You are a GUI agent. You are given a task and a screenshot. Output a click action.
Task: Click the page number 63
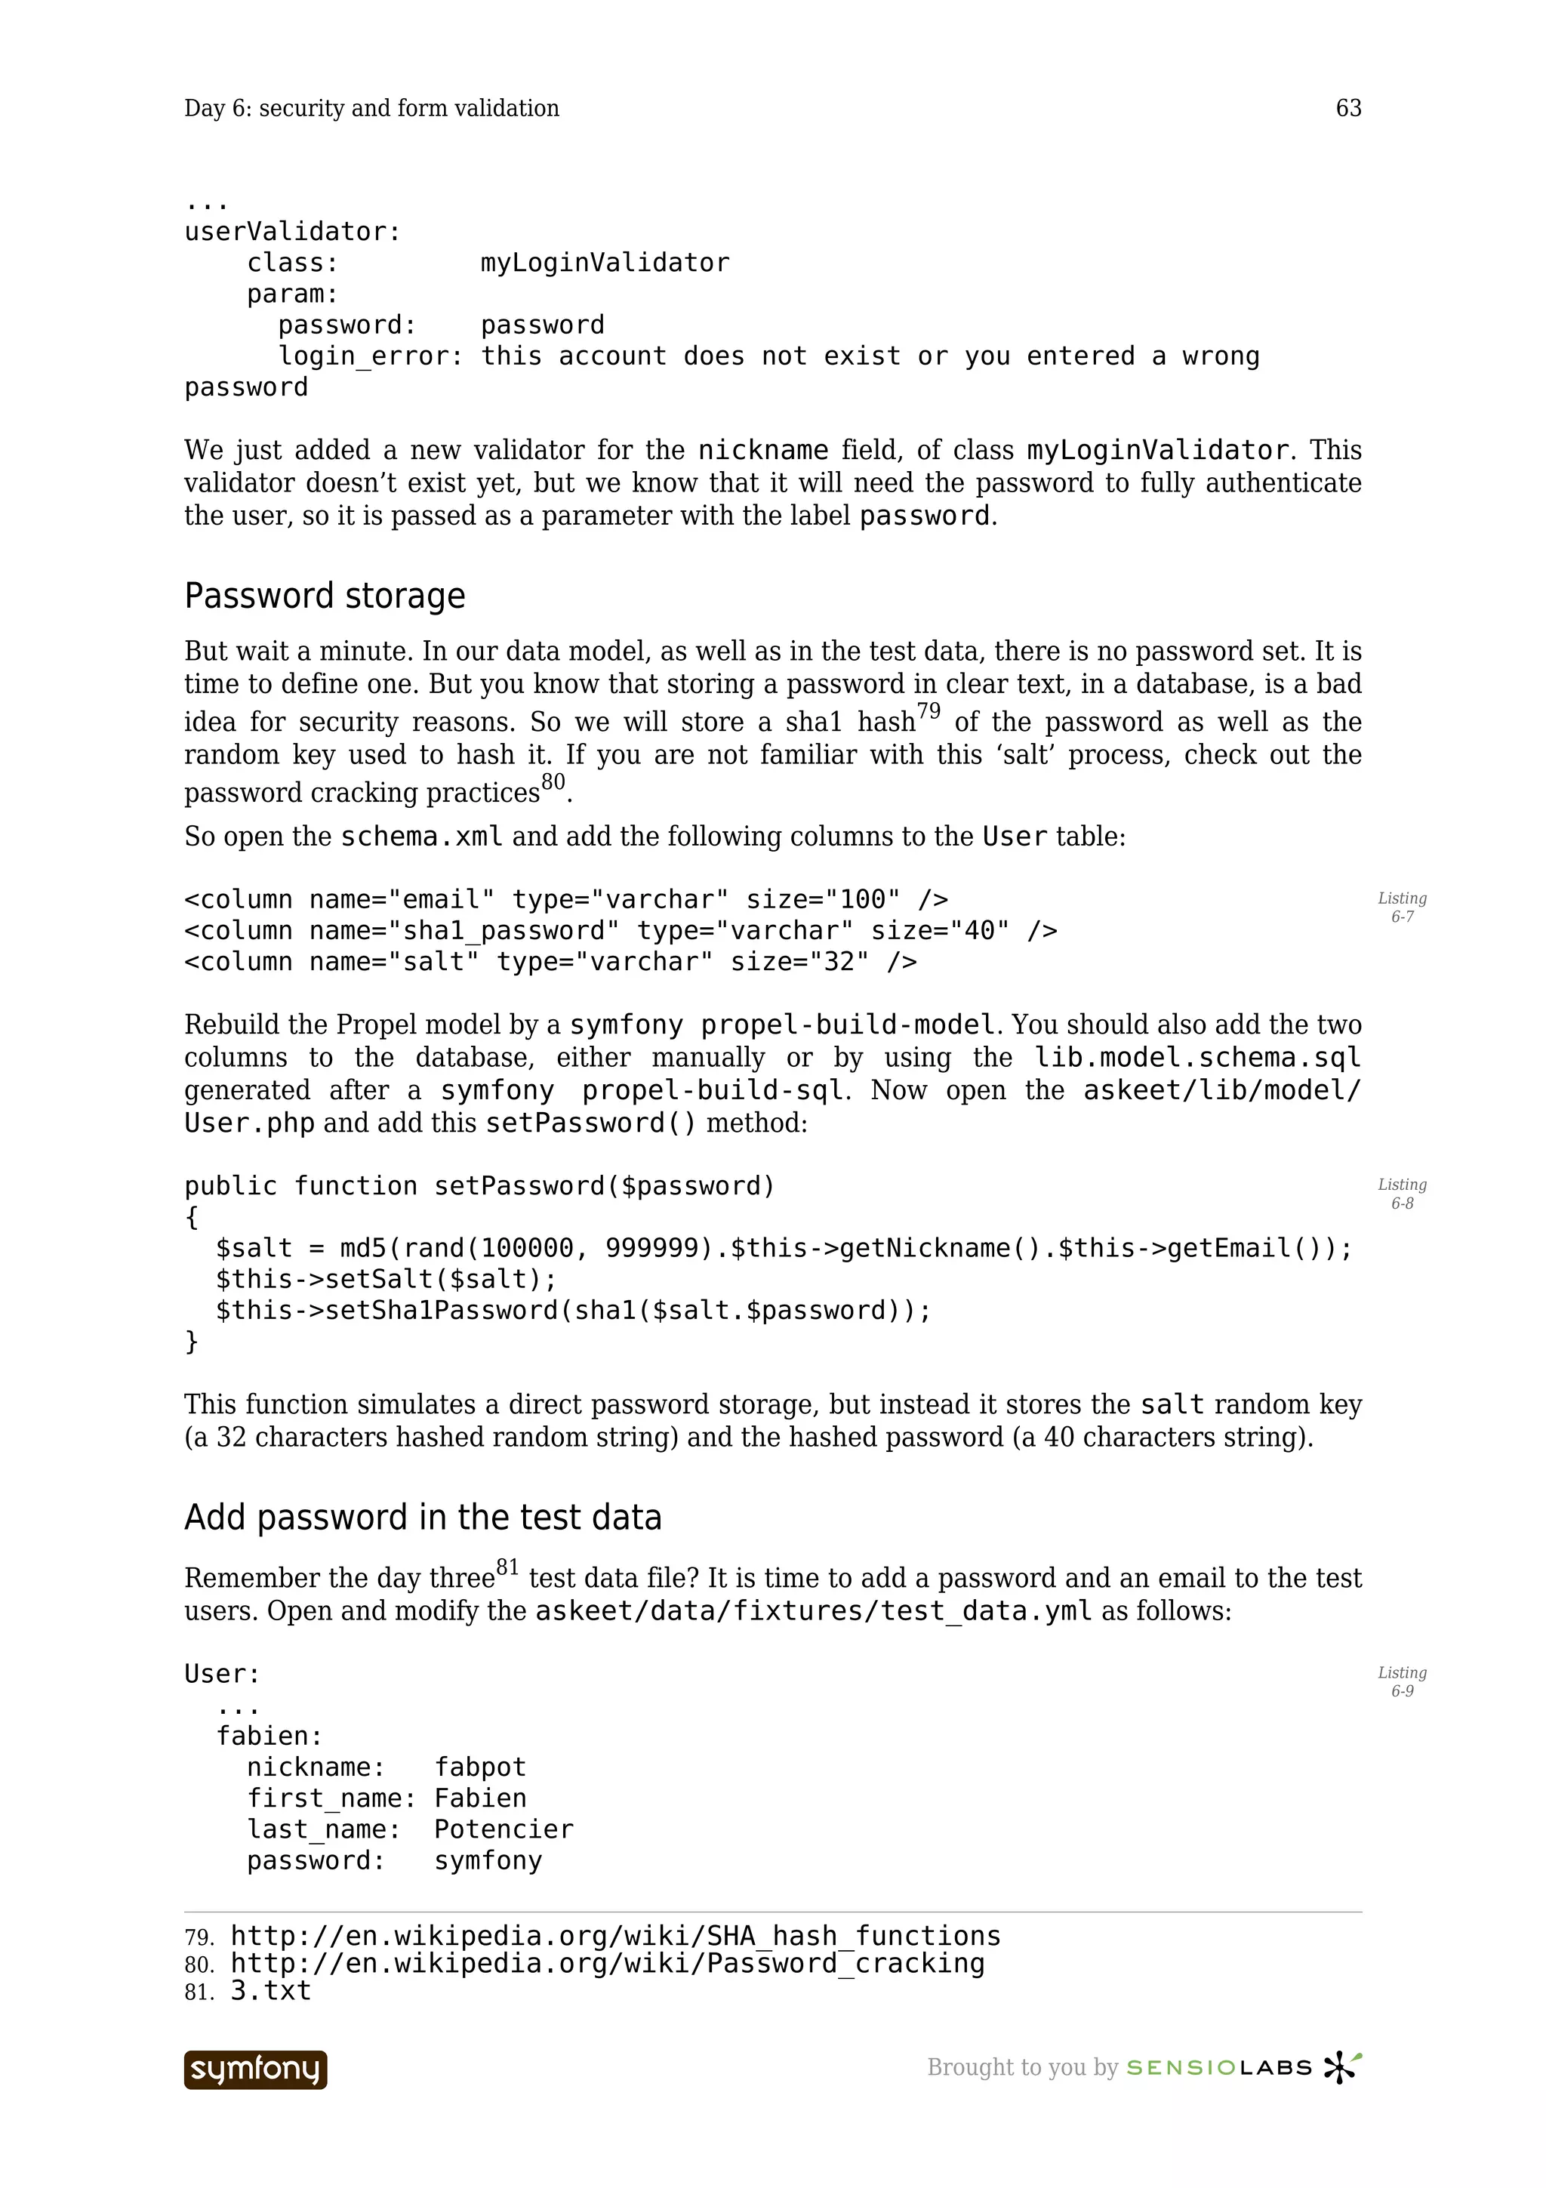(1348, 108)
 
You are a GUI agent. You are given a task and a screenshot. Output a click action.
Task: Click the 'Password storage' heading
(324, 596)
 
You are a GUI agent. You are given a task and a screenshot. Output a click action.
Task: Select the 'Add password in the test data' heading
(422, 1517)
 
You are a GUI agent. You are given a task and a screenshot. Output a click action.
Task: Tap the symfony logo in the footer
(255, 2069)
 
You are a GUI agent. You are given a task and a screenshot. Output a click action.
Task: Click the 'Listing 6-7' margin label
(1401, 908)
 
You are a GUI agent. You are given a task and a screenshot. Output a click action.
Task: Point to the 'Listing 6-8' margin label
(1401, 1193)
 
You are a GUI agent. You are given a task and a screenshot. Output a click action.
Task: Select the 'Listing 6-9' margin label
(1401, 1681)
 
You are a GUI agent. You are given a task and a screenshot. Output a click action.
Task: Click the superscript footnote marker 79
(928, 711)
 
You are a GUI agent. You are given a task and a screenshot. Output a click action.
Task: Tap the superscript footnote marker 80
(553, 782)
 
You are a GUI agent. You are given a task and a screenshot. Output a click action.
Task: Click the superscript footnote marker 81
(507, 1567)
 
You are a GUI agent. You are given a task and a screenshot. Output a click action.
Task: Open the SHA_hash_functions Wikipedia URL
(615, 1936)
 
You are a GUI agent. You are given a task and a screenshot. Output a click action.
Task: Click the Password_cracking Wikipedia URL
(607, 1963)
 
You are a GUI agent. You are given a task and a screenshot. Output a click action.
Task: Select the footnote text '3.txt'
(270, 1991)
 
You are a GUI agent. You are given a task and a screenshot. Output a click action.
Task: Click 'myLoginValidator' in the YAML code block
(605, 263)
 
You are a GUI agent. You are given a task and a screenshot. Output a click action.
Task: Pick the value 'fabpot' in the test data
(480, 1767)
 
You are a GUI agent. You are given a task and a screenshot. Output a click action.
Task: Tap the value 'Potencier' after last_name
(503, 1829)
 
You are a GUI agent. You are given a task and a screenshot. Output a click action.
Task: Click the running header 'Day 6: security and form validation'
(371, 108)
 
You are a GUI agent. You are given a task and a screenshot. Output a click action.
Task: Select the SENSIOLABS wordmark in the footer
(1218, 2067)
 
